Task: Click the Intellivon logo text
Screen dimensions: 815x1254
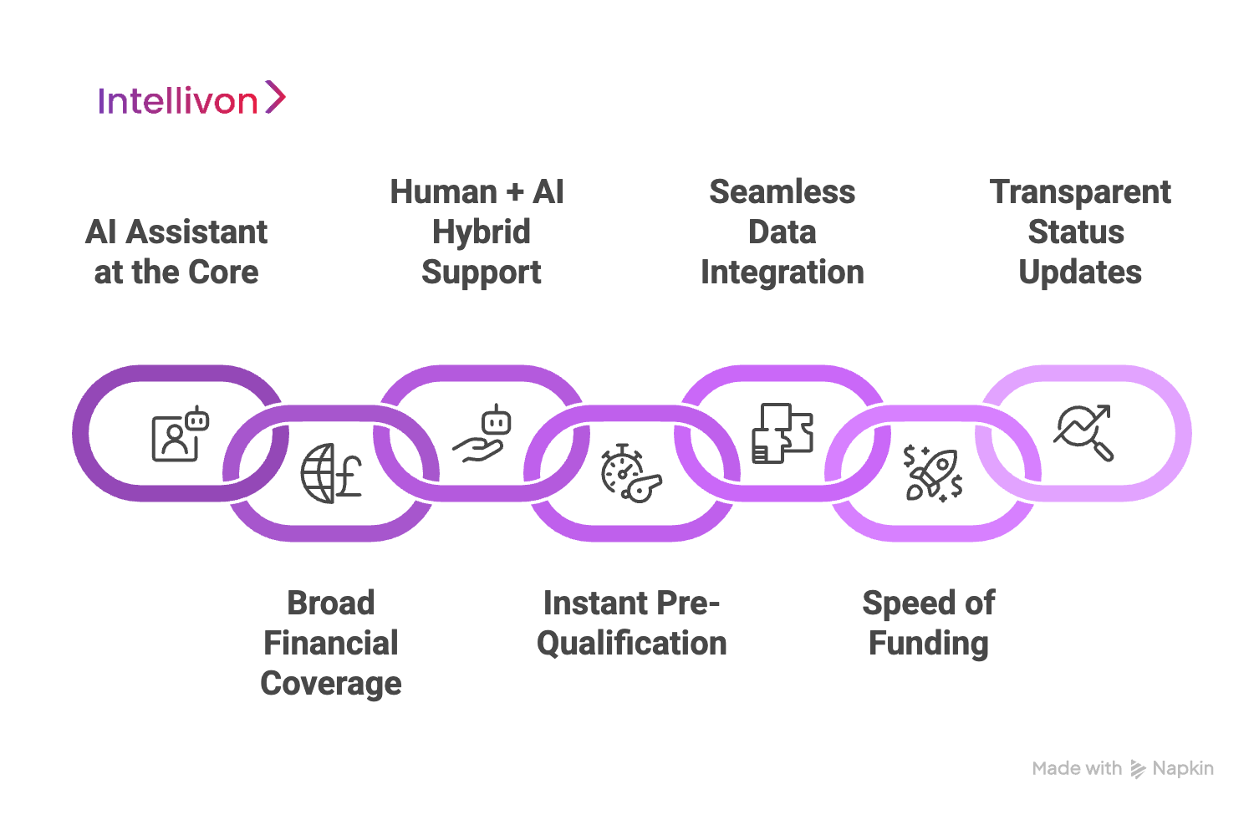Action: pos(177,101)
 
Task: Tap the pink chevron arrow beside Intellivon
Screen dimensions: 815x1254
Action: pos(275,97)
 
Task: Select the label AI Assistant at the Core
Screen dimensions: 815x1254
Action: pos(176,252)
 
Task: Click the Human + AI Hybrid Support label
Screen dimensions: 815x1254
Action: pos(481,232)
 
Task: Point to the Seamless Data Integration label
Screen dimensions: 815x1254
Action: pos(782,232)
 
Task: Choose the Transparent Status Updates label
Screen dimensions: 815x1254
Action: pos(1079,232)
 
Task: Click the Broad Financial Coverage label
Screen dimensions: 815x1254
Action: pos(331,643)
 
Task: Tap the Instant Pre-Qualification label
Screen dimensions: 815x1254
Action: pos(631,623)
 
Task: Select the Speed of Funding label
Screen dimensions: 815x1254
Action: pos(928,623)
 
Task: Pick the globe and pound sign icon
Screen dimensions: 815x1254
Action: pos(331,473)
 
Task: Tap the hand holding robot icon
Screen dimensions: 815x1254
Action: pos(482,434)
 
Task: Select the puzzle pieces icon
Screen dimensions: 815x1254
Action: pos(782,434)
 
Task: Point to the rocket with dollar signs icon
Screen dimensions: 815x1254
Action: pos(932,473)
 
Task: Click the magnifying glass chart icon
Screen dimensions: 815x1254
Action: pos(1083,433)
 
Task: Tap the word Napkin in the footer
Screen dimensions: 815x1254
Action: pos(1182,768)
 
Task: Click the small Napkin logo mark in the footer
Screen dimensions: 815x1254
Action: pos(1137,769)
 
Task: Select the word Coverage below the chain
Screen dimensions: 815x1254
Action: pos(331,683)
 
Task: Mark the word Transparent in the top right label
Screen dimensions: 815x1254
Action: pos(1079,192)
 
